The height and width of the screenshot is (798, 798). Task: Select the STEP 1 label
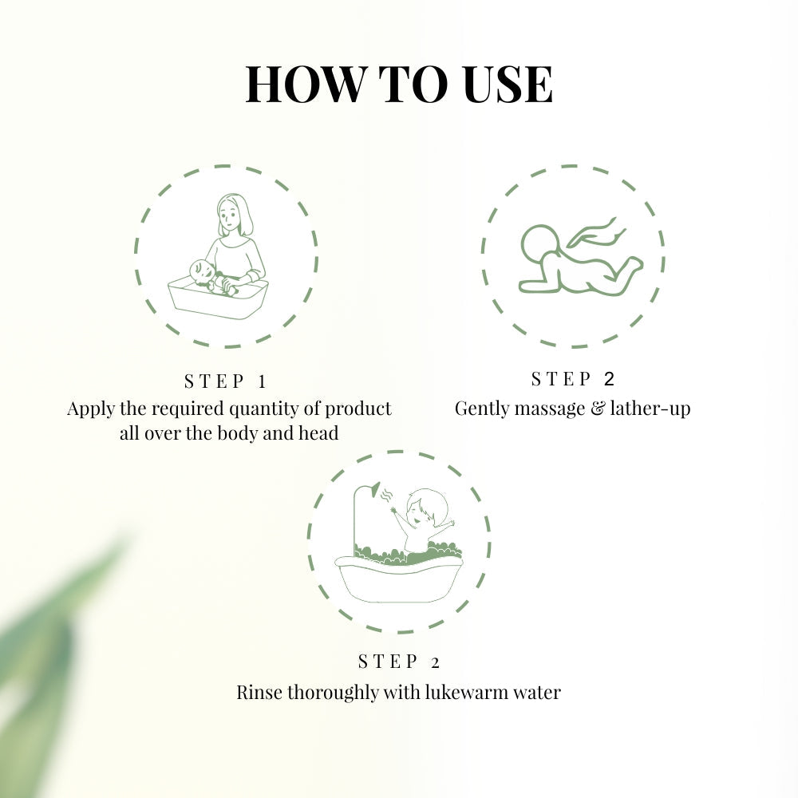[226, 381]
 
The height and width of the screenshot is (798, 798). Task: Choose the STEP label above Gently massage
[573, 378]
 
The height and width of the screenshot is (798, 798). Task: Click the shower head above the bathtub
[374, 488]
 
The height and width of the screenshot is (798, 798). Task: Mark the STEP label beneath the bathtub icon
[399, 662]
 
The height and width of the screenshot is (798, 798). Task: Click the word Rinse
[257, 692]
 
